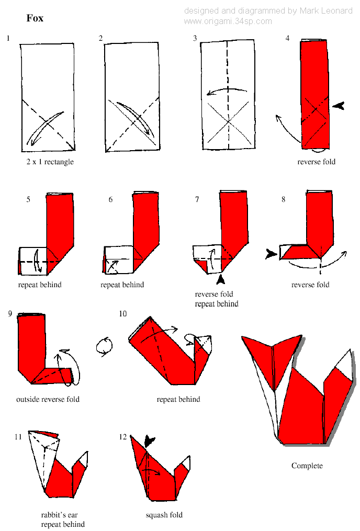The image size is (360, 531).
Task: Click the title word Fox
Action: (x=35, y=18)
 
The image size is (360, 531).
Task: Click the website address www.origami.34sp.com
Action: (x=228, y=21)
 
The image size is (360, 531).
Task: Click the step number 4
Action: (x=288, y=39)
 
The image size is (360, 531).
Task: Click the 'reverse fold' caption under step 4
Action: (x=316, y=162)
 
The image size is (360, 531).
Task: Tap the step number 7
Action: (x=197, y=199)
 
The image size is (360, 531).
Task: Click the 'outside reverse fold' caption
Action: (x=48, y=399)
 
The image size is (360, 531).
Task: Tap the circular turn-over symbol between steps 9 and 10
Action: (x=105, y=346)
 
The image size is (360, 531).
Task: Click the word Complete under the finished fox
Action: (x=307, y=466)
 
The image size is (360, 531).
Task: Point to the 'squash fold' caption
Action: (x=164, y=515)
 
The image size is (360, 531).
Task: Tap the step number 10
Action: (x=122, y=313)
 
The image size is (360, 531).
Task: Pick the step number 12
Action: (x=123, y=437)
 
